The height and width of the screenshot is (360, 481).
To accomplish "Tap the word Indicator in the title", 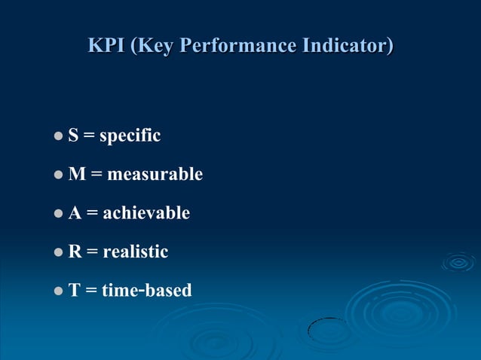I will click(348, 46).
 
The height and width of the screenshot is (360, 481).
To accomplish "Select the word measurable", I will click(155, 175).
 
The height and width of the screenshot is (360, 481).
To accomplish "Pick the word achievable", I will click(146, 213).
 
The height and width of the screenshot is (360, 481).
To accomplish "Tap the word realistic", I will click(136, 252).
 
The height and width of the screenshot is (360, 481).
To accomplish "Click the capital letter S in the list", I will click(73, 136).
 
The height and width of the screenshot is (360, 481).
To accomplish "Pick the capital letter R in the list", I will click(75, 252).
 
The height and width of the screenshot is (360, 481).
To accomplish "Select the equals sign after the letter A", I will click(92, 214).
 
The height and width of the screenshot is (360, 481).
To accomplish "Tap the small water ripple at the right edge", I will click(458, 262).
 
